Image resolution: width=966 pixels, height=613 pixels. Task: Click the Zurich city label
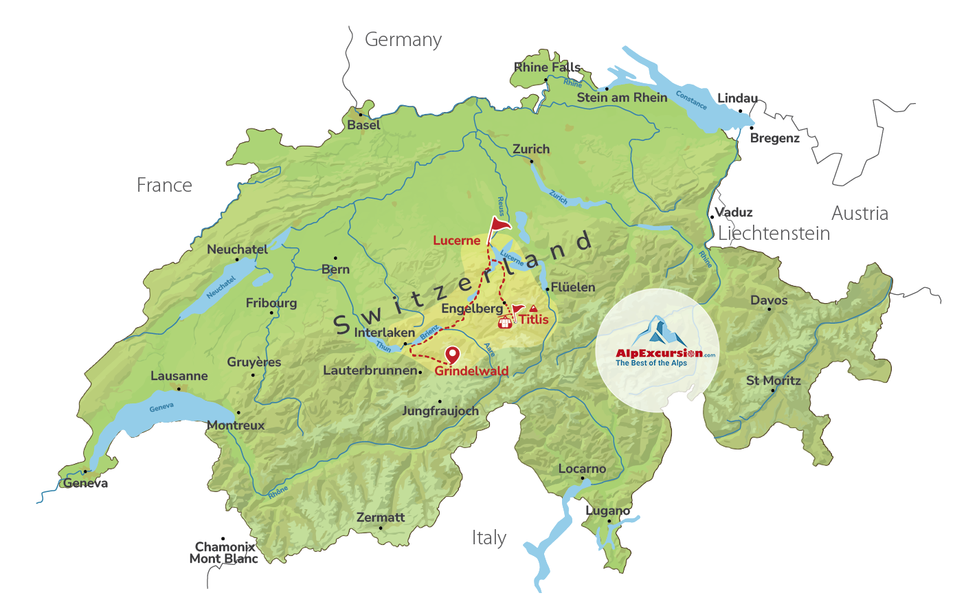click(530, 149)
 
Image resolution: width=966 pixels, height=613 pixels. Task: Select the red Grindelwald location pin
click(452, 355)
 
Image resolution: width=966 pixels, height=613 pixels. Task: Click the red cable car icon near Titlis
click(506, 322)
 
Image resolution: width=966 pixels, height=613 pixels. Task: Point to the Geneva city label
click(86, 483)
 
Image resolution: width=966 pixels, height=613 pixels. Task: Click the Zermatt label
click(381, 517)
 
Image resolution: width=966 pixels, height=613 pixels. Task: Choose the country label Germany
click(403, 40)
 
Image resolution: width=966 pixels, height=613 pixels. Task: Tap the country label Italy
click(488, 537)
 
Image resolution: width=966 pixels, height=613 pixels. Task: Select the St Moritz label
click(774, 380)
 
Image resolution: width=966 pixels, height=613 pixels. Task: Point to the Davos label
click(769, 300)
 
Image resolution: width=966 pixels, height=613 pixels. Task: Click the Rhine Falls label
click(547, 67)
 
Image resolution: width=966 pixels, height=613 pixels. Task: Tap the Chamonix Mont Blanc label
click(224, 553)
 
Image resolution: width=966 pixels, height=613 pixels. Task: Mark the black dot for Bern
click(335, 258)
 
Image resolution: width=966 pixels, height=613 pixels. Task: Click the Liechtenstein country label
click(774, 234)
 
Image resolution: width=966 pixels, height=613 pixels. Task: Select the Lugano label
click(607, 511)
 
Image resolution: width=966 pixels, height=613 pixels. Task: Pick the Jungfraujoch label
click(440, 411)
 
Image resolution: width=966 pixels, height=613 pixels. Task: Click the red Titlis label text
click(534, 320)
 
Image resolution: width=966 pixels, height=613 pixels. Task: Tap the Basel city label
click(363, 125)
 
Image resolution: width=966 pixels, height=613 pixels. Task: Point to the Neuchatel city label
click(237, 249)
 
